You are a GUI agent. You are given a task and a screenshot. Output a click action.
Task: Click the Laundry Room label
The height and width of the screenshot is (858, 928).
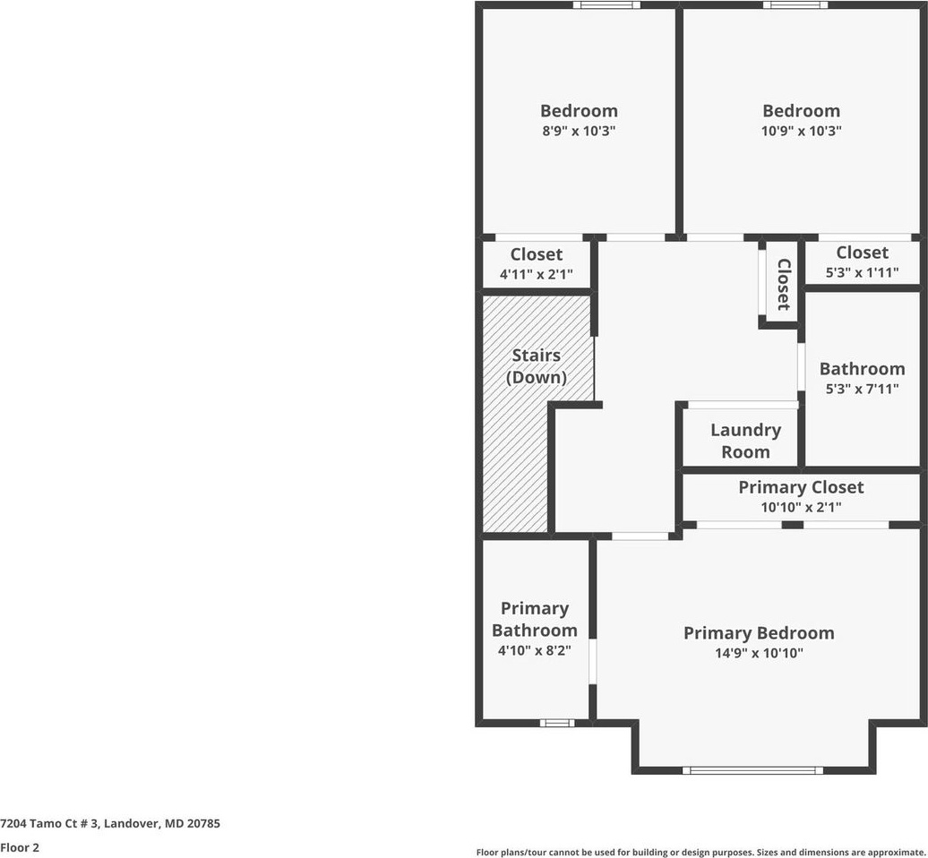coord(745,441)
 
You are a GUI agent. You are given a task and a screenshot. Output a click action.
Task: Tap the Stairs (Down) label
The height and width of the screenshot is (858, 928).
coord(537,366)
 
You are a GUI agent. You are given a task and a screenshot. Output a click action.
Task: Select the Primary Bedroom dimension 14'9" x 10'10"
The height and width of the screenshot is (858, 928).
coord(758,654)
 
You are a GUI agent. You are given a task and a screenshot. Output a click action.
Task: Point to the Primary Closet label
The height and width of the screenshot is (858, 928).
coord(801,487)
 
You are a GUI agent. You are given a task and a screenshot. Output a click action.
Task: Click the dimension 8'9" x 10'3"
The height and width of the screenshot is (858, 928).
coord(579,131)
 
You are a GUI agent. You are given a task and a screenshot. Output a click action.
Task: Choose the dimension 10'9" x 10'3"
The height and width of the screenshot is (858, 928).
coord(802,131)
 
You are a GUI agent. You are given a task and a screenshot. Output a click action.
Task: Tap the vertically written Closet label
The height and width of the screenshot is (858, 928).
coord(783,285)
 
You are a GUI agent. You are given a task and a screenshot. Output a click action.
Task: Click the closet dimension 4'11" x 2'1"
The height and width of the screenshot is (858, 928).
coord(537,275)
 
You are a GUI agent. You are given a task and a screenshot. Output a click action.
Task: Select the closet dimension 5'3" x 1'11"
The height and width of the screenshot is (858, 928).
coord(862,273)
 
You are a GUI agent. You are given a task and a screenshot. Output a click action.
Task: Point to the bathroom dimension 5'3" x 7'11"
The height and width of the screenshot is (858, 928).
coord(862,390)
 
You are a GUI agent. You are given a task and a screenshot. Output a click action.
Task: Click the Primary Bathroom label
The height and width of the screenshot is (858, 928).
coord(535,619)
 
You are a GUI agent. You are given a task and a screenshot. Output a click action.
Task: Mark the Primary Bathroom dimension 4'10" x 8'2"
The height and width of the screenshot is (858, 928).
coord(535,651)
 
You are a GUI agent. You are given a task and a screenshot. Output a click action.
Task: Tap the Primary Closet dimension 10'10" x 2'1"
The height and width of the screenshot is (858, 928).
coord(801,508)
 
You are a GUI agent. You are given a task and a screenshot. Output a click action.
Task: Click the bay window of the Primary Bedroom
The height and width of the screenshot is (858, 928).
coord(752,770)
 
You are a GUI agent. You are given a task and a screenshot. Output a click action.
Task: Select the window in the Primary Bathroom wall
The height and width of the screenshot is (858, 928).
coord(557,723)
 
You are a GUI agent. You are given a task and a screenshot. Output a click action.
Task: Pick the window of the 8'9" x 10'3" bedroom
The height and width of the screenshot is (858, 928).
coord(606,5)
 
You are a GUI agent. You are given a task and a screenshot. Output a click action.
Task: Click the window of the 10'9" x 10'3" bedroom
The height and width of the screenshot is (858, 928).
coord(795,5)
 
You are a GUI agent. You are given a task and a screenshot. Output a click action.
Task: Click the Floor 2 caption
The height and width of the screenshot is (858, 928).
coord(20,847)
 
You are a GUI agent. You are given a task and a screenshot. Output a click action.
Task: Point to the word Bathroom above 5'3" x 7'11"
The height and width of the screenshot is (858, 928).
coord(862,369)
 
